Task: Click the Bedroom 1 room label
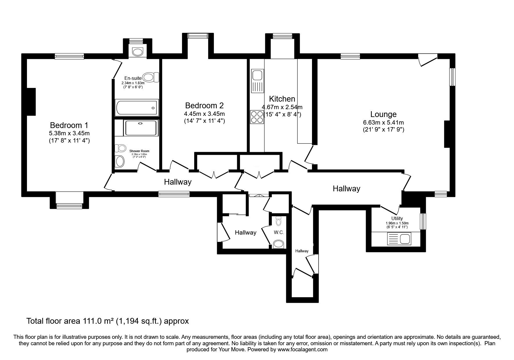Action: point(69,125)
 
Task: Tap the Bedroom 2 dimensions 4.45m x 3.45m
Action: point(204,114)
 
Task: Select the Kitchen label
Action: point(282,99)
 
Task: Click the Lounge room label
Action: point(383,114)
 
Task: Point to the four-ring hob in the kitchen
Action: point(257,117)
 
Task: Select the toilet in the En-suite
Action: point(151,78)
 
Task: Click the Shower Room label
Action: point(139,151)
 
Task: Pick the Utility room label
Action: point(397,218)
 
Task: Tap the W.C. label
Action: point(278,233)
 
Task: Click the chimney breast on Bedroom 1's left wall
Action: point(31,102)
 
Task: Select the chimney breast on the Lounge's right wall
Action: point(447,134)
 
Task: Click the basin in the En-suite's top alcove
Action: point(138,52)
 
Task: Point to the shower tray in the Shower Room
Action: point(140,128)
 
